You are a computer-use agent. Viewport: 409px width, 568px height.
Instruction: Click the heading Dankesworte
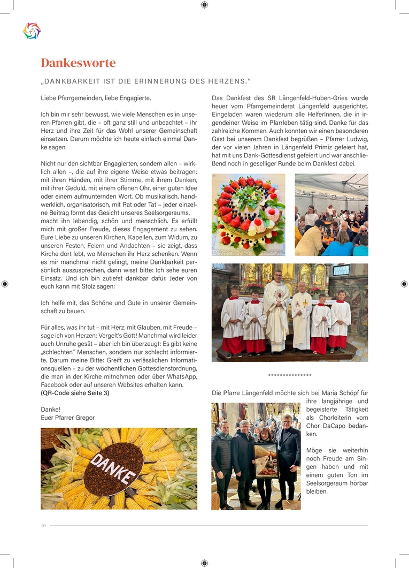click(x=78, y=63)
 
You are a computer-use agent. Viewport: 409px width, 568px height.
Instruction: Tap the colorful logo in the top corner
click(x=32, y=31)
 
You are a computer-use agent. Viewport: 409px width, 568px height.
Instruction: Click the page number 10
click(x=43, y=526)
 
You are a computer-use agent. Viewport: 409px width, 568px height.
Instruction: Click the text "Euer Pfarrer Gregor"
click(x=67, y=418)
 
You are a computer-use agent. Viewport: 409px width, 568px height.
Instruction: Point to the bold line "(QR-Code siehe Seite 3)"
click(x=75, y=393)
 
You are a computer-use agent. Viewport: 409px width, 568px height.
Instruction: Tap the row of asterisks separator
click(x=290, y=376)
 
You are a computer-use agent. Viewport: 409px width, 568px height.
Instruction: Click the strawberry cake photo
click(x=248, y=215)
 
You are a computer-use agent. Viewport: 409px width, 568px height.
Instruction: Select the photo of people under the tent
click(x=331, y=215)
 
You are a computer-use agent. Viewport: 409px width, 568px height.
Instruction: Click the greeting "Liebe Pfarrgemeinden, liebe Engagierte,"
click(x=96, y=98)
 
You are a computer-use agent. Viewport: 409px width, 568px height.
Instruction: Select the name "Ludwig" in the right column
click(x=356, y=139)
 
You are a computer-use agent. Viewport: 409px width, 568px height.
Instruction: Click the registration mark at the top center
click(x=204, y=5)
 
